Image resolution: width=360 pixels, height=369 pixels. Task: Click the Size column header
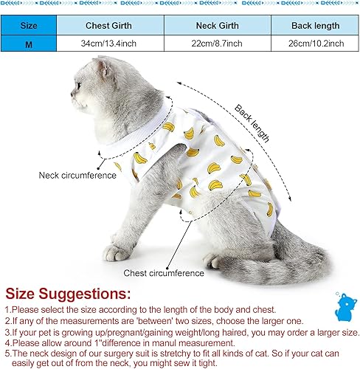click(x=28, y=24)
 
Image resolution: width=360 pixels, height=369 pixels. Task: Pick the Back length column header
click(x=315, y=24)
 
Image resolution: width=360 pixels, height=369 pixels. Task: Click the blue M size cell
click(x=28, y=44)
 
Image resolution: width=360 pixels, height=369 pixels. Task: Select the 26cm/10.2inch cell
click(x=315, y=44)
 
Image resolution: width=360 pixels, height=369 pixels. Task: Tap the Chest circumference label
click(x=164, y=273)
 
